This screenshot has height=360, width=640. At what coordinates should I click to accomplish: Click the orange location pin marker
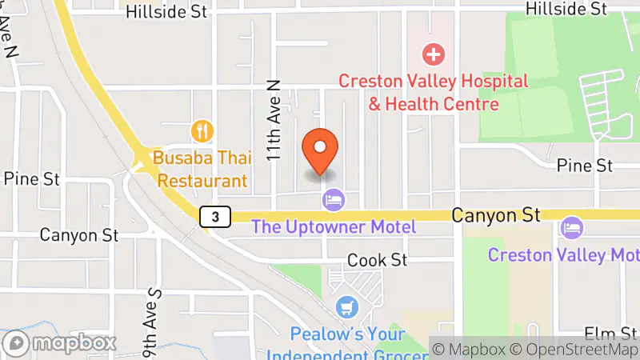321,150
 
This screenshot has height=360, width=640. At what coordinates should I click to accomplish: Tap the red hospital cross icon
434,54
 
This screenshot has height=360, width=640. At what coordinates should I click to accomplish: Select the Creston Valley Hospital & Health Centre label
433,92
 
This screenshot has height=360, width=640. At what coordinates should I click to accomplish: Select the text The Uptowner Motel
334,226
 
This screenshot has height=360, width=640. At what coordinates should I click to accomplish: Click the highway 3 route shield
215,216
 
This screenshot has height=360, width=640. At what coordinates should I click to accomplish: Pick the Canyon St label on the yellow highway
496,214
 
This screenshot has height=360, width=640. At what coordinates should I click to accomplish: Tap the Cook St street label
378,260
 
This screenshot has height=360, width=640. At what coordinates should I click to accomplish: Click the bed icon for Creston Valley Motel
572,227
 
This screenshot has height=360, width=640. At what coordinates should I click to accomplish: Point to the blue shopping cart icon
347,306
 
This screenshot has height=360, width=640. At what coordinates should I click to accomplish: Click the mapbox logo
60,343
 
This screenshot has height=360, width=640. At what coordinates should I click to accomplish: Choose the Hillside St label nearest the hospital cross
566,9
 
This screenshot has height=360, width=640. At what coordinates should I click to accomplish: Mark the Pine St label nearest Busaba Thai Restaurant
26,178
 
